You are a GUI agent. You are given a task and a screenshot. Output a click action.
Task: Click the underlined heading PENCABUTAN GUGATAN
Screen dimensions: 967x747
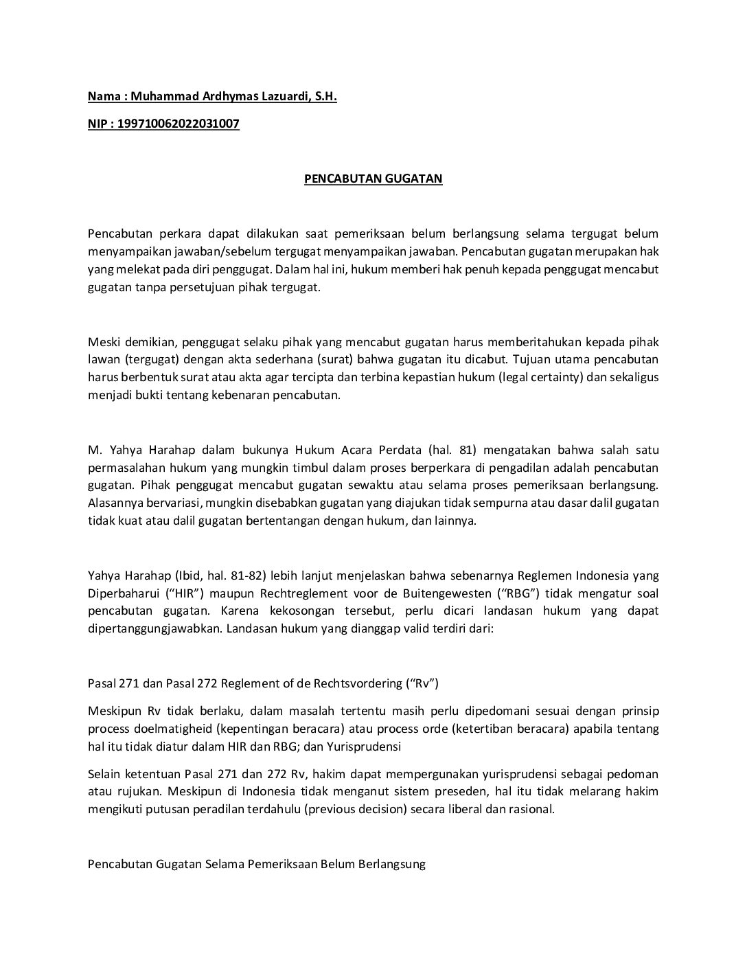373,179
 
